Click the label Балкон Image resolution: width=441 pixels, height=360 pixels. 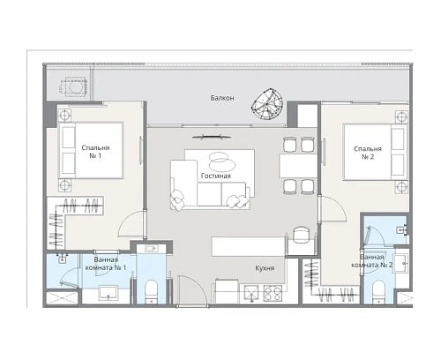[x=222, y=98]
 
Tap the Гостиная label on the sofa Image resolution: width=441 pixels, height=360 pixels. [x=215, y=176]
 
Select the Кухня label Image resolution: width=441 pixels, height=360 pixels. [x=259, y=267]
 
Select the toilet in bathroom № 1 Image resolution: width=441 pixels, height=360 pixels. [x=151, y=289]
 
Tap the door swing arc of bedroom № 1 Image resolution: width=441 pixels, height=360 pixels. [x=129, y=227]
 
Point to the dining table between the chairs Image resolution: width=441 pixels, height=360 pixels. [x=294, y=165]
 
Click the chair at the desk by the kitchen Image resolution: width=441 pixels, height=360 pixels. [x=302, y=233]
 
